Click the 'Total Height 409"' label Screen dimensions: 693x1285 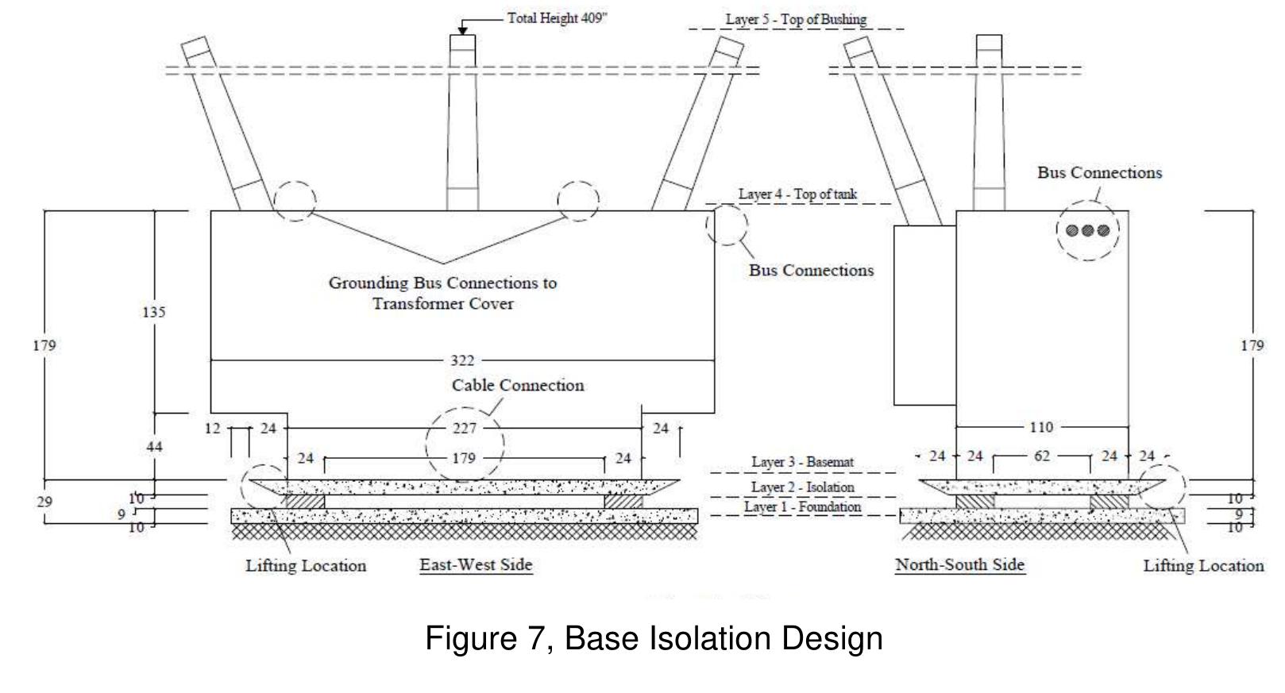coord(557,17)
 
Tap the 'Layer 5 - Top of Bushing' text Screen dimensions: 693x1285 coord(796,19)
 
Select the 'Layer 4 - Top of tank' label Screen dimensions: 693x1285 coord(797,194)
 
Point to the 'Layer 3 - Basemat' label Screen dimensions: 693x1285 coord(802,462)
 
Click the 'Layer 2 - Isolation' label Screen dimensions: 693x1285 coord(802,487)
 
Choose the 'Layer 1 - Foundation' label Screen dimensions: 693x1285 coord(802,506)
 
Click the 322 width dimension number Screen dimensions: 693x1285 coord(462,360)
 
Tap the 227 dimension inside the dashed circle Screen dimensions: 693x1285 coord(465,429)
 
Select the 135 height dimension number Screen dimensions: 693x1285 coord(154,312)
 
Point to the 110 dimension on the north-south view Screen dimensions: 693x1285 coord(1040,427)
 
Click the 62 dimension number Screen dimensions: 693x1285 coord(1041,456)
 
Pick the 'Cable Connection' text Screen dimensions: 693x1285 coord(518,385)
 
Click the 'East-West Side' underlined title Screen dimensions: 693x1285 coord(476,564)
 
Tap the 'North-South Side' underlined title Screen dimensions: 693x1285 coord(959,564)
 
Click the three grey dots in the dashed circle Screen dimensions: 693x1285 coord(1087,230)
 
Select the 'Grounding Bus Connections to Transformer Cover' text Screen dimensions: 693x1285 coord(442,293)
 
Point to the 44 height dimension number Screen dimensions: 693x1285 coord(154,447)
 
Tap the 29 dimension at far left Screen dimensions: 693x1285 coord(44,502)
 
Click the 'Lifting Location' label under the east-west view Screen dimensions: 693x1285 coord(306,566)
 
